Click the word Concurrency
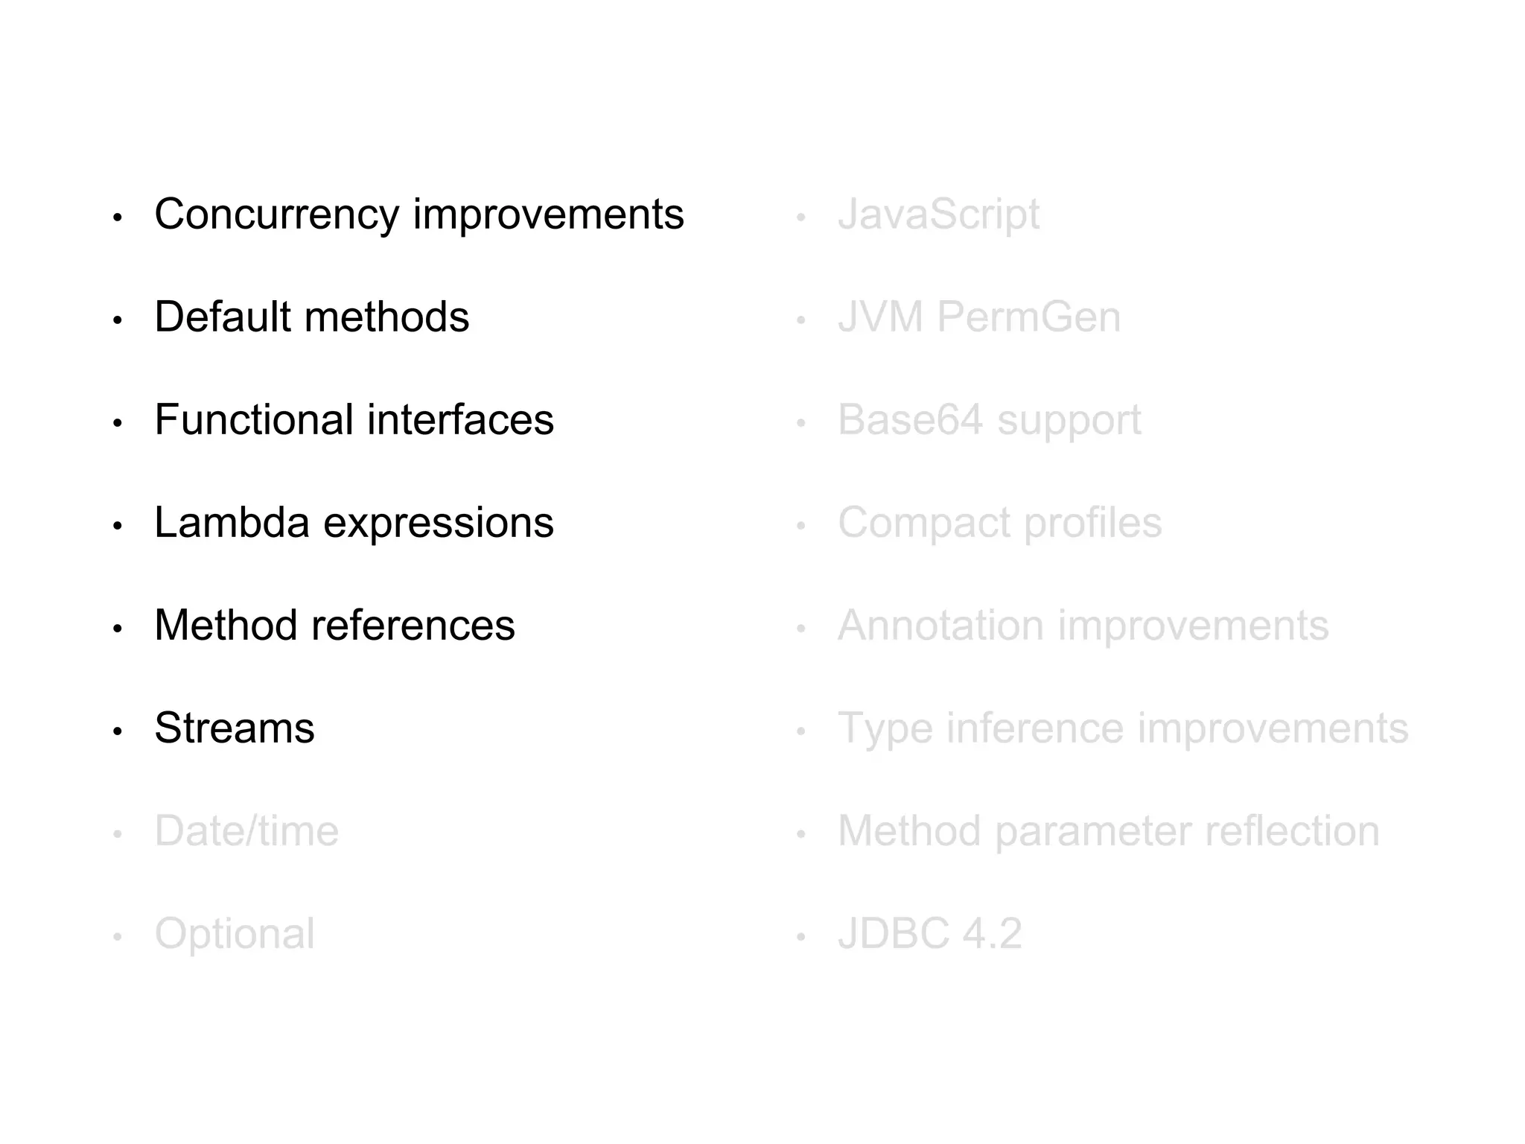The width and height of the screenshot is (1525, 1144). click(x=276, y=215)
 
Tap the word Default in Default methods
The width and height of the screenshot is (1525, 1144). click(x=220, y=317)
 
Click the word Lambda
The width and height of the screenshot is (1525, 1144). click(x=232, y=522)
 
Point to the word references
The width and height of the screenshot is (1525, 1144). click(x=413, y=625)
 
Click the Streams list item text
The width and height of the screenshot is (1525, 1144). click(x=235, y=728)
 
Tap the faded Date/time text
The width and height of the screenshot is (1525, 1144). click(x=246, y=830)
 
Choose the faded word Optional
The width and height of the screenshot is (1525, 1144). click(x=235, y=934)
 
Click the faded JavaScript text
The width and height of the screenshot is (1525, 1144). click(x=938, y=215)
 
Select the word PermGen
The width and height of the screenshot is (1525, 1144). click(x=1028, y=317)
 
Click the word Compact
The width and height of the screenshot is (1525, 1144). click(x=924, y=523)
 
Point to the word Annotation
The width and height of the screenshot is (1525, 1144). click(x=940, y=625)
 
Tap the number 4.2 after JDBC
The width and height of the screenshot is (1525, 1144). click(x=992, y=934)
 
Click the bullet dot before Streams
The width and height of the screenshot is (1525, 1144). click(x=117, y=731)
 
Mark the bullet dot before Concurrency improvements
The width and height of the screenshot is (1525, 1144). click(x=117, y=218)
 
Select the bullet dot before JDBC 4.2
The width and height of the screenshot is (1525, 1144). click(x=800, y=937)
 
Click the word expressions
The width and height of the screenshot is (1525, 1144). click(x=439, y=524)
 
